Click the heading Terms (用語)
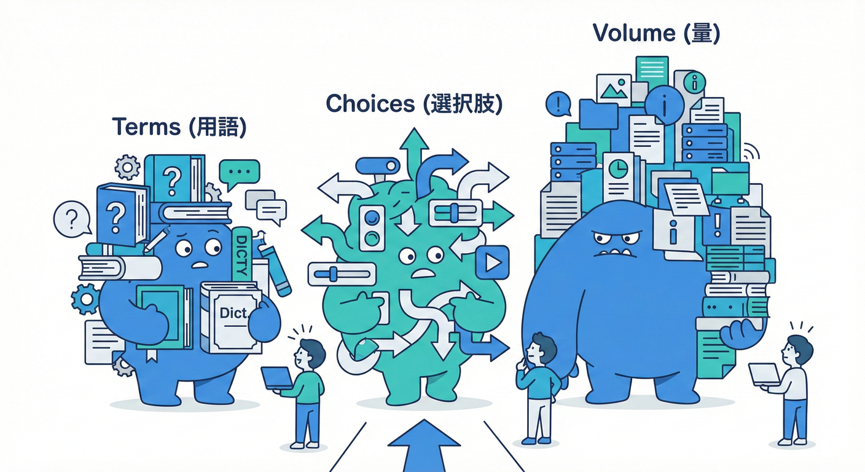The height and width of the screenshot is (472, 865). [x=179, y=127]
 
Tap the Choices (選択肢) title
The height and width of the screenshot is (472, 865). [x=414, y=104]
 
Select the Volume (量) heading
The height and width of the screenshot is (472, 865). [x=656, y=34]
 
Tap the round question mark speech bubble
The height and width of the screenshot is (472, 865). [x=71, y=218]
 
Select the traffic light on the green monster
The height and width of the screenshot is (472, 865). [x=372, y=227]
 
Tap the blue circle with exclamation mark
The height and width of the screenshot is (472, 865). [x=558, y=104]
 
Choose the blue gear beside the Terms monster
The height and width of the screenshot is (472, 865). [x=85, y=299]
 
